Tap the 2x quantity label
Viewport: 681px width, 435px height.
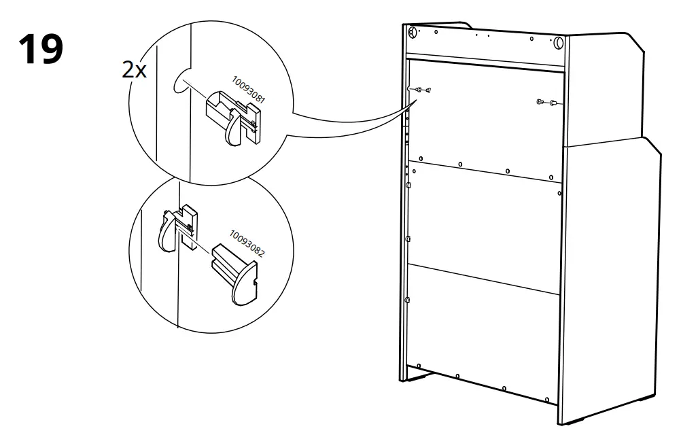134,69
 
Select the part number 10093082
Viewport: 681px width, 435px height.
247,244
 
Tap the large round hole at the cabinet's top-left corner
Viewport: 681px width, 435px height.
412,32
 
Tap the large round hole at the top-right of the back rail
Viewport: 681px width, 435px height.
557,43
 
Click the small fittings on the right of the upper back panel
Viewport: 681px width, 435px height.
548,103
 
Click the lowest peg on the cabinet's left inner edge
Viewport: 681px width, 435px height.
408,300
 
